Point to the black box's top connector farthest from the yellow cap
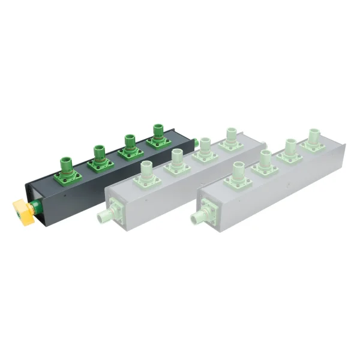[158, 137]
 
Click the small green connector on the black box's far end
[196, 143]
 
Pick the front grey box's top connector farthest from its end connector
[313, 140]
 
